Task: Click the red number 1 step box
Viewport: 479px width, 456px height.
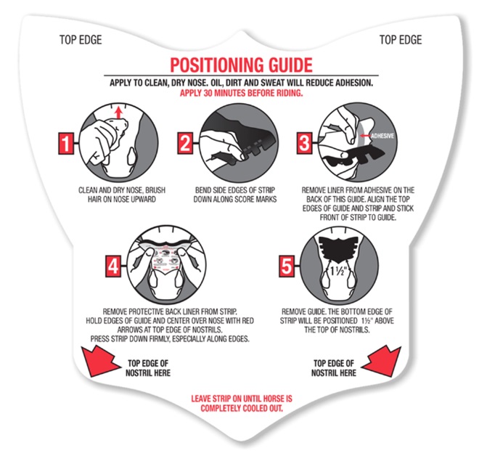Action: coord(66,143)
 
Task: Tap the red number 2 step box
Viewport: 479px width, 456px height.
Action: coord(185,143)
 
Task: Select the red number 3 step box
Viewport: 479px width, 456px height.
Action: coord(304,143)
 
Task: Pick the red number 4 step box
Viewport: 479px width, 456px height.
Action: coord(113,266)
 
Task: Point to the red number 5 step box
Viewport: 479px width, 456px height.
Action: coord(287,266)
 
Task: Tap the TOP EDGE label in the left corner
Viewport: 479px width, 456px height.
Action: coord(81,40)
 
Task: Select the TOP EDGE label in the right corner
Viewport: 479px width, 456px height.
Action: coord(401,40)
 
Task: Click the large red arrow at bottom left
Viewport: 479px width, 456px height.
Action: coord(101,362)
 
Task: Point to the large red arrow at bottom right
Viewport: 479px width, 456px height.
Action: coord(381,362)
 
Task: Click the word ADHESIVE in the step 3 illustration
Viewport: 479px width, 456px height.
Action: coord(382,136)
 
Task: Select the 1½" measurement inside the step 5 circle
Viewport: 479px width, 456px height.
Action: coord(337,271)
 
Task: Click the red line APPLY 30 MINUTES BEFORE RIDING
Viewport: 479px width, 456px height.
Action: coord(242,93)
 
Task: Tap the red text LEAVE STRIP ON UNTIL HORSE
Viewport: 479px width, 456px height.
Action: coord(242,399)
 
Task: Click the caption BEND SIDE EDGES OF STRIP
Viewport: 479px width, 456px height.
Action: coord(235,190)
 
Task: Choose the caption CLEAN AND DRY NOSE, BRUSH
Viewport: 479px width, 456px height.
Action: coord(122,190)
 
